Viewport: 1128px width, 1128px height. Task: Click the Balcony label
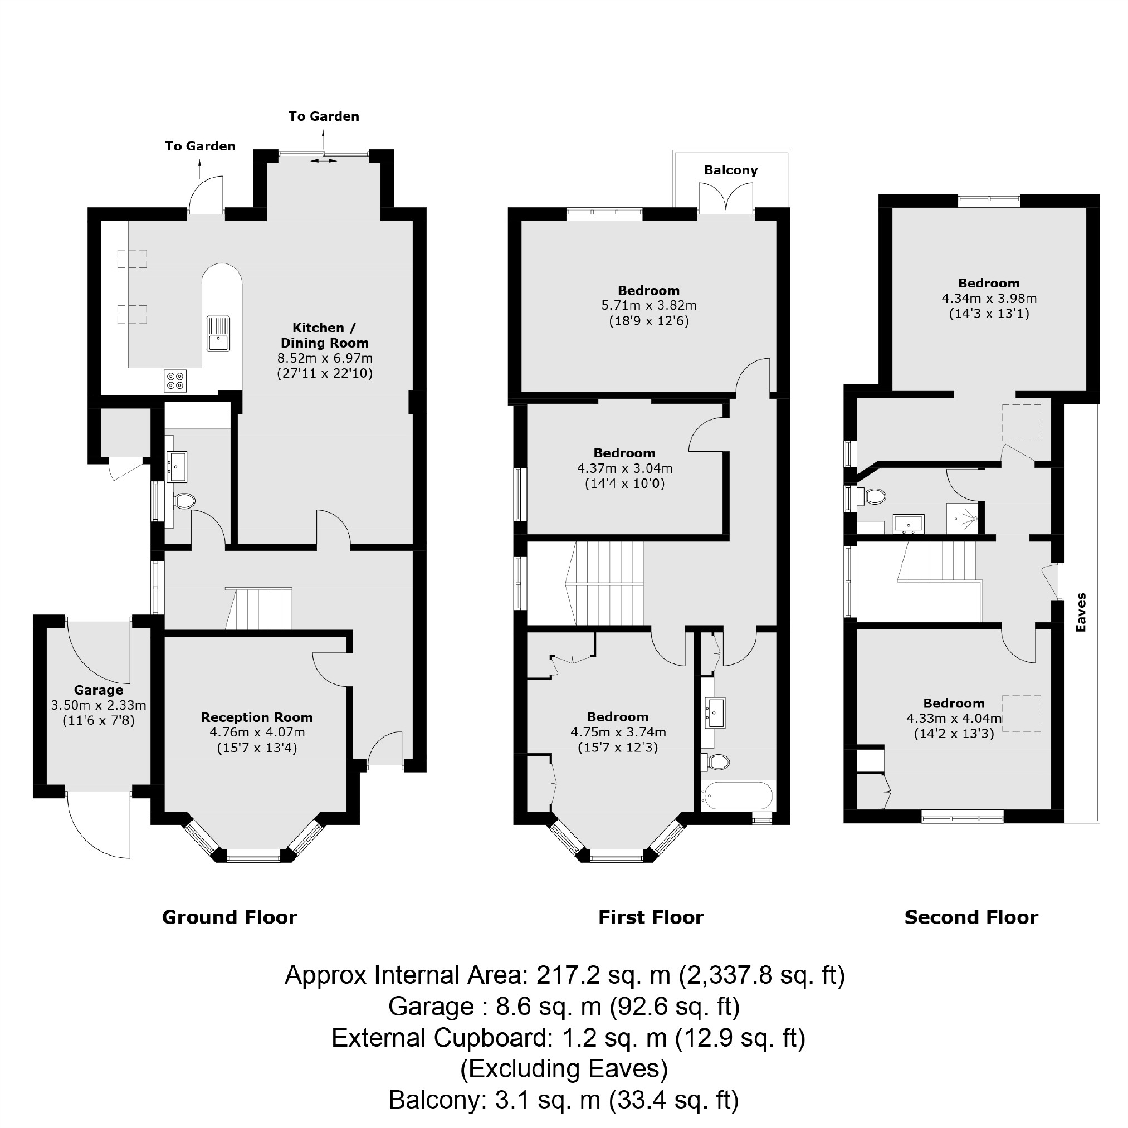tap(730, 170)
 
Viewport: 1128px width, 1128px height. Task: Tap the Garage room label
tap(98, 690)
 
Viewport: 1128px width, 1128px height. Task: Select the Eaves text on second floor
tap(1081, 612)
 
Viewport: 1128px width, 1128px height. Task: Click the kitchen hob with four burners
tap(175, 380)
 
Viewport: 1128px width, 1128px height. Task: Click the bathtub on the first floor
tap(738, 796)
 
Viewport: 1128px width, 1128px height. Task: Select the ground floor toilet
tap(184, 501)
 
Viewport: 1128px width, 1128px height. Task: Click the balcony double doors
tap(726, 196)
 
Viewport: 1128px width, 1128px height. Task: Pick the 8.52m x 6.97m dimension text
tap(325, 358)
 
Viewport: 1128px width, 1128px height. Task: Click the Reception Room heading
tap(257, 717)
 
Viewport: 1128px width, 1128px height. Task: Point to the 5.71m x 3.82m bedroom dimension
tap(648, 305)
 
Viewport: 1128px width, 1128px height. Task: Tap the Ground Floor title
tap(229, 917)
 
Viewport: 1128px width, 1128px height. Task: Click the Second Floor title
tap(971, 917)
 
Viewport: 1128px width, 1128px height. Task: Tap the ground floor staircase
tap(258, 609)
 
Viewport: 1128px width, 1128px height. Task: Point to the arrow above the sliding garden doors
tap(323, 140)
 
